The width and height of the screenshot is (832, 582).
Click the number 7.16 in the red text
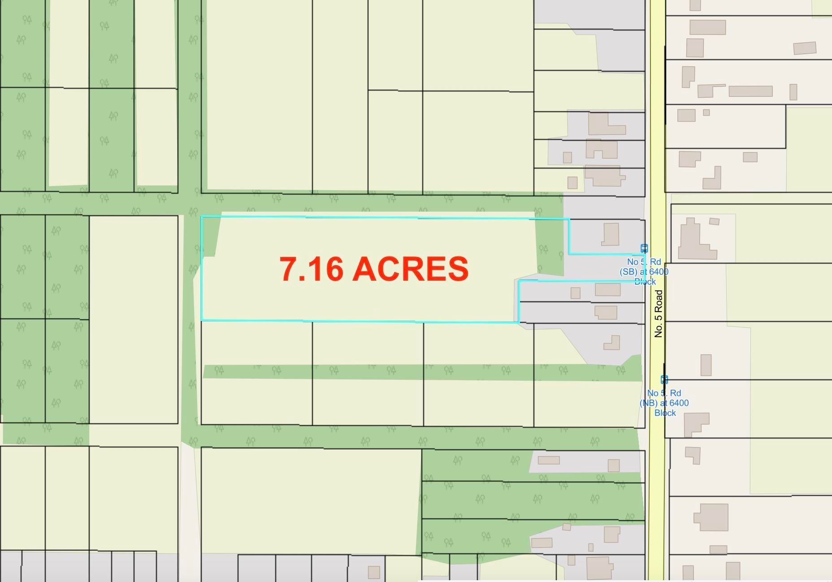(311, 269)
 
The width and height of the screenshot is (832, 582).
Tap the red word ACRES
(410, 269)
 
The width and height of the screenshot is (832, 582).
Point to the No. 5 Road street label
(658, 313)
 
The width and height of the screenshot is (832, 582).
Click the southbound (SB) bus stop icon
(644, 248)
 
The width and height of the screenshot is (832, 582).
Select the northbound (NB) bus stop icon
(664, 380)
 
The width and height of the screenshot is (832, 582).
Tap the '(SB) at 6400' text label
(644, 272)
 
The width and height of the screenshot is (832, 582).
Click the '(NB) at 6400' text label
(664, 403)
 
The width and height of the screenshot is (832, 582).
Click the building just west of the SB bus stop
(610, 234)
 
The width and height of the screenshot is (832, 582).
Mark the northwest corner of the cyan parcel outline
(202, 217)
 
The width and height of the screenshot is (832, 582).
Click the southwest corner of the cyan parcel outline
(202, 320)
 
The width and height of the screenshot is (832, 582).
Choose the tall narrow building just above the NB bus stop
(706, 365)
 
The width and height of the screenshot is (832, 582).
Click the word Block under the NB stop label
(665, 413)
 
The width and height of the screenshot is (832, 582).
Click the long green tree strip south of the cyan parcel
(421, 372)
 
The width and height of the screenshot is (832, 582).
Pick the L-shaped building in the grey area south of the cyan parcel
(612, 343)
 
